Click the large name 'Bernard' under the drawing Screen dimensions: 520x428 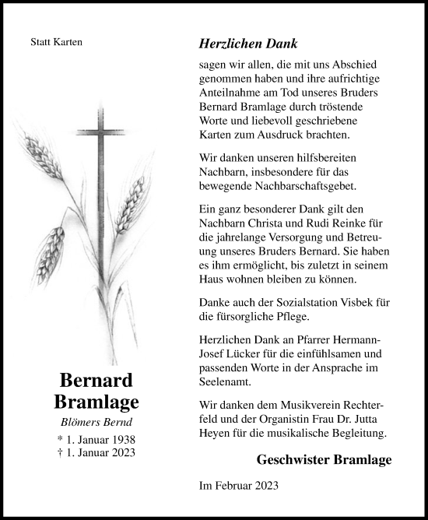[96, 380]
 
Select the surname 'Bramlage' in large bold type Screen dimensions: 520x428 [96, 402]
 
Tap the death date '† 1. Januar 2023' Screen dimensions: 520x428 [96, 454]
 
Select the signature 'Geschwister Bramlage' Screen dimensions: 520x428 [333, 460]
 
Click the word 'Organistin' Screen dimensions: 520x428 [275, 419]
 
